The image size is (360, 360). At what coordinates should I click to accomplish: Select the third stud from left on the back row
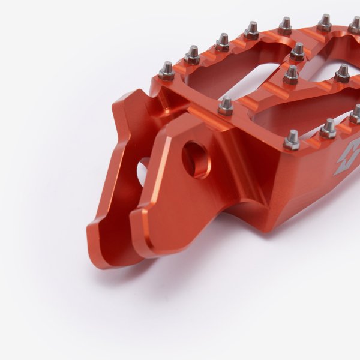(x=223, y=41)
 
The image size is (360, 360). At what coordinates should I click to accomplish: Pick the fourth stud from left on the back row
(x=251, y=29)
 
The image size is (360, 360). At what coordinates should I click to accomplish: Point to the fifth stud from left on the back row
(x=285, y=25)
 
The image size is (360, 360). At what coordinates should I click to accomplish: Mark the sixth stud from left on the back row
(x=325, y=22)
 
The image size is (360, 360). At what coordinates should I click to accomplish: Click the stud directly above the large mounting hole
(x=226, y=106)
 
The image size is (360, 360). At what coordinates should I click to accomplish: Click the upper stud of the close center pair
(x=298, y=52)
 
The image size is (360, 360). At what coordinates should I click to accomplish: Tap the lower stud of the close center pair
(x=292, y=74)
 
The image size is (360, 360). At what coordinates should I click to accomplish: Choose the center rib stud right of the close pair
(x=342, y=73)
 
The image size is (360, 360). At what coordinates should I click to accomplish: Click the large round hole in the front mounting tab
(x=196, y=159)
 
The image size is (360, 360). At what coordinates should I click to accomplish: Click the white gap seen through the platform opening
(x=252, y=84)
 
